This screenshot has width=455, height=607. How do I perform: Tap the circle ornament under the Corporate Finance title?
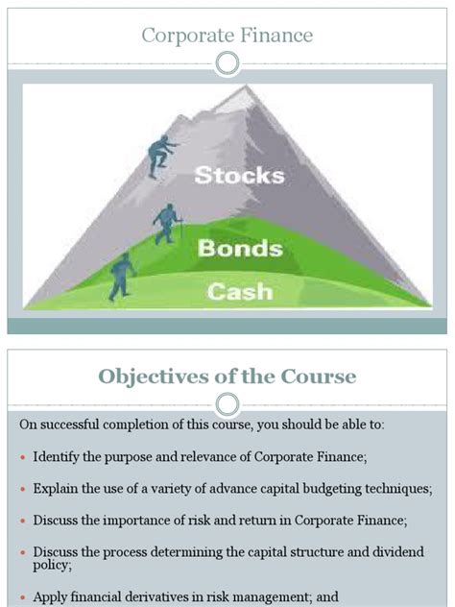coord(227,63)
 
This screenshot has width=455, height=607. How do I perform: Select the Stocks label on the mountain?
coord(239,175)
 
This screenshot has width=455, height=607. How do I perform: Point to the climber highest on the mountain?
coord(160,154)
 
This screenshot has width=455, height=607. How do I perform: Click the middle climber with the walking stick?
coord(167,224)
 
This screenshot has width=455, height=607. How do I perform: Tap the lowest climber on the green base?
coord(122,276)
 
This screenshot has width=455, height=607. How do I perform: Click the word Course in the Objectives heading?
coord(319,376)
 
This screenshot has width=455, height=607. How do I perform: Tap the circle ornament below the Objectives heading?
coord(227,402)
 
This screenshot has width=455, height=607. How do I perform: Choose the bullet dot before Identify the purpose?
coord(23,455)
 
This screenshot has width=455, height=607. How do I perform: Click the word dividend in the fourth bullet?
coord(392,552)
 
